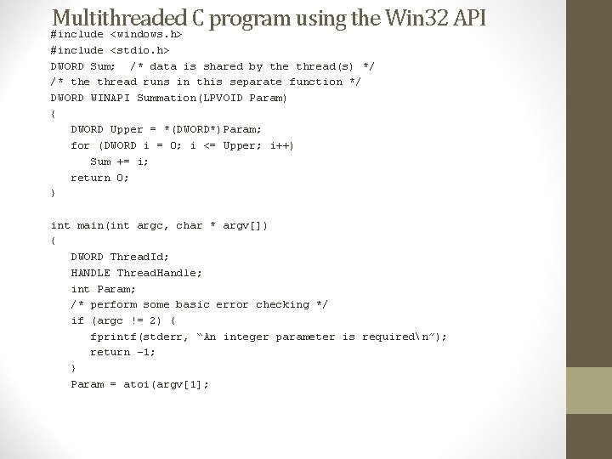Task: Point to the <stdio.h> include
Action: [x=139, y=50]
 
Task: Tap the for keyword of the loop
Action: [x=80, y=145]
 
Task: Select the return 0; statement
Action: [x=100, y=178]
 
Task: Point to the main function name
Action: [x=90, y=225]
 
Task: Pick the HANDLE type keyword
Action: [x=90, y=273]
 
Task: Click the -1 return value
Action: [x=145, y=352]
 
